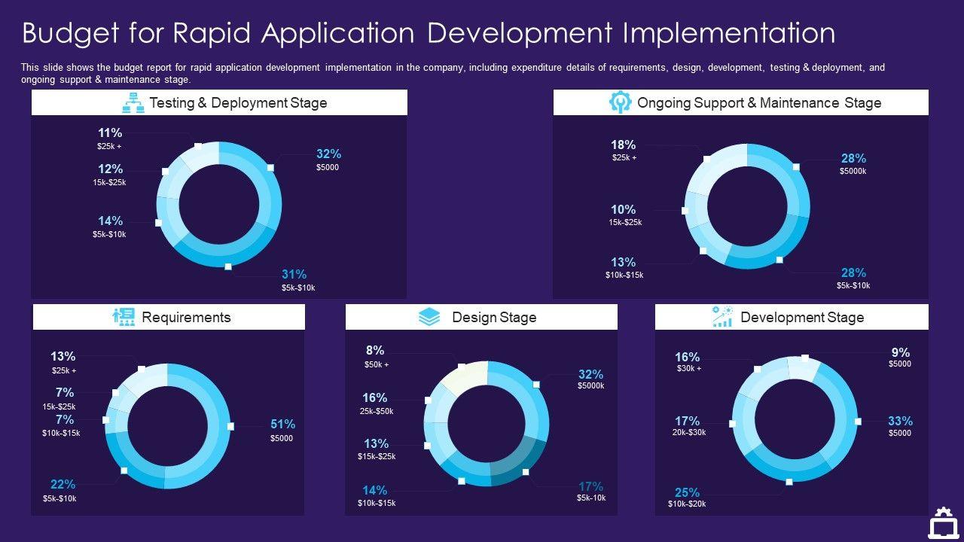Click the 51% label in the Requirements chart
tap(282, 425)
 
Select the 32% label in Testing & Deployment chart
tap(328, 154)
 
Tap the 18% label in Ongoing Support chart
tap(623, 145)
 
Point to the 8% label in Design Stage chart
tap(375, 351)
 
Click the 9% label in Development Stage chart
tap(900, 352)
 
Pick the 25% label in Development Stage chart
tap(687, 493)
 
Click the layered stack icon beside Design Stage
tap(429, 317)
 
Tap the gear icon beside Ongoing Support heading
tap(620, 102)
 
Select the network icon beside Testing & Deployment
tap(133, 102)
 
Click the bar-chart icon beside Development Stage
tap(722, 317)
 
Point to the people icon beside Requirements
tap(124, 317)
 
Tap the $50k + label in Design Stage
tap(376, 365)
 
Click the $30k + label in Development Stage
tap(688, 369)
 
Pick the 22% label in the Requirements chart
tap(63, 485)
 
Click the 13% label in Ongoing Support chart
tap(623, 263)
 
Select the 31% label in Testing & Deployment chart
tap(294, 275)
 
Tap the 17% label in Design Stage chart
tap(590, 486)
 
